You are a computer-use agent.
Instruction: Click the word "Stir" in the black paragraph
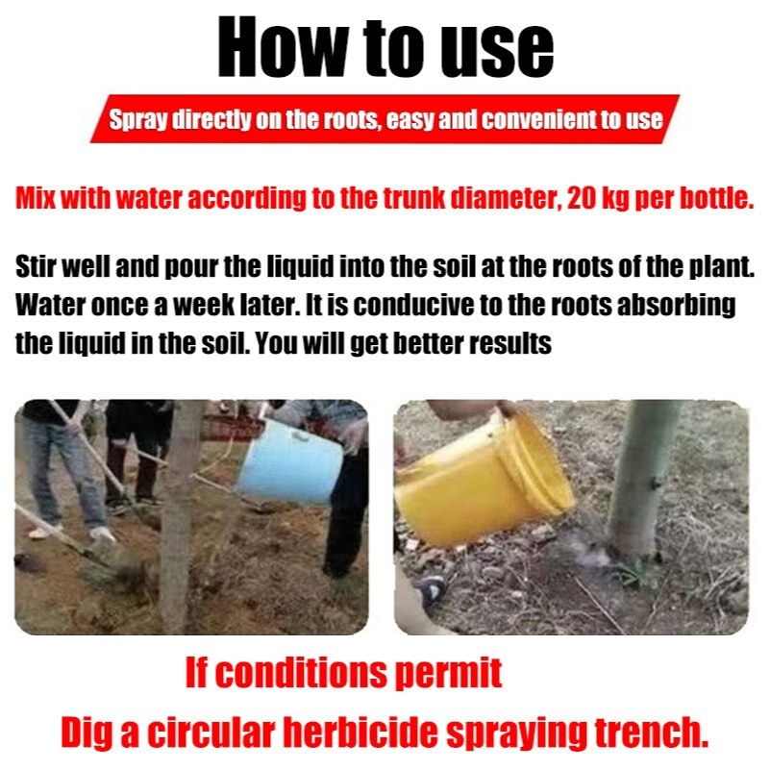[x=33, y=266]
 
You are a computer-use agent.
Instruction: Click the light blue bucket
[x=290, y=461]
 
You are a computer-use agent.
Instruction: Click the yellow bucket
[x=483, y=480]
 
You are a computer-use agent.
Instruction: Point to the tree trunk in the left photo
[x=178, y=515]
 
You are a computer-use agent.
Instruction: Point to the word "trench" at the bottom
[x=652, y=732]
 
